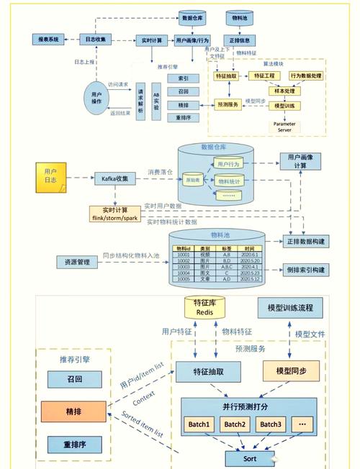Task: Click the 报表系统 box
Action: pyautogui.click(x=49, y=40)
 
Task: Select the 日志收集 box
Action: pyautogui.click(x=96, y=40)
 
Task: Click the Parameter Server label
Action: pyautogui.click(x=284, y=127)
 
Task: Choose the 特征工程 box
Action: pyautogui.click(x=262, y=76)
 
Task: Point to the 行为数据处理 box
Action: pyautogui.click(x=306, y=76)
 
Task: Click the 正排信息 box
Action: pyautogui.click(x=240, y=40)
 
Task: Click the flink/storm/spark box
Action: pyautogui.click(x=115, y=214)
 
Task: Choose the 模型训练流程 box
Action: pyautogui.click(x=290, y=308)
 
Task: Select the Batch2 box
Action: pyautogui.click(x=234, y=424)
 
